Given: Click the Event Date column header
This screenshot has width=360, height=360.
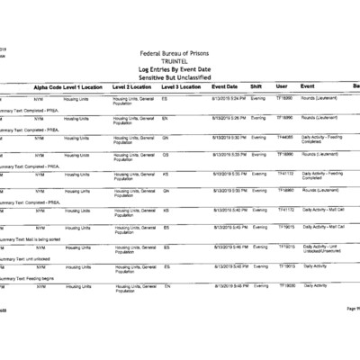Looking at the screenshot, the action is click(224, 86).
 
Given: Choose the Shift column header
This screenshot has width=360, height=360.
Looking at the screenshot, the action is click(256, 86).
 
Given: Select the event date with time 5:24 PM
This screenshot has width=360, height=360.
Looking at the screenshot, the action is click(229, 97).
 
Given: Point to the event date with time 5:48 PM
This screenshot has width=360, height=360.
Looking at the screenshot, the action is click(229, 285).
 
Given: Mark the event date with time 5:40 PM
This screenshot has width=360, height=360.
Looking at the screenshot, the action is click(229, 210).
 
